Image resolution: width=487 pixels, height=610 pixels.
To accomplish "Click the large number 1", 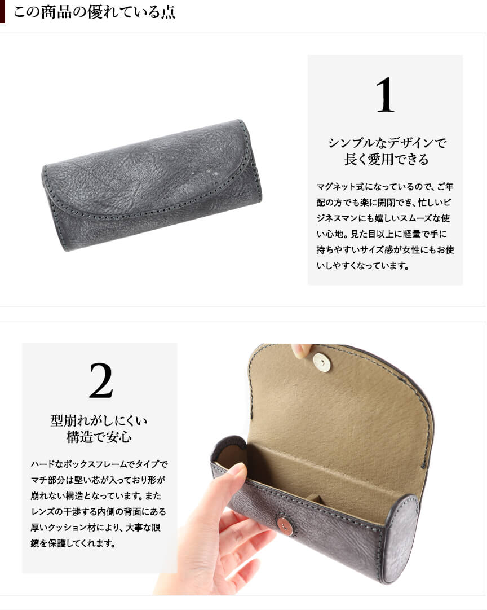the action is click(385, 95).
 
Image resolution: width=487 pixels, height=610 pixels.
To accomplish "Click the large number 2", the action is click(101, 380).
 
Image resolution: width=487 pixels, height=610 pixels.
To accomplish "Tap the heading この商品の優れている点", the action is click(95, 12).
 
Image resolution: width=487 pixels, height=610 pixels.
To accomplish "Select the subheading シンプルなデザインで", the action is click(387, 143).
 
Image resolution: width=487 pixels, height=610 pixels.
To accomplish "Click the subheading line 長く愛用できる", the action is click(386, 159).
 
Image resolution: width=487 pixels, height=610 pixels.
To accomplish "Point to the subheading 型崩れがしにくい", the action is click(99, 420).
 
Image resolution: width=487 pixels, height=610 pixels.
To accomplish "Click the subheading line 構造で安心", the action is click(99, 437).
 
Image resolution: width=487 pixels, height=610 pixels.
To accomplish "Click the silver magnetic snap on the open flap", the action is click(321, 363).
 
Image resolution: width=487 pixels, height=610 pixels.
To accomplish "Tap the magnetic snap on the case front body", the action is click(285, 525).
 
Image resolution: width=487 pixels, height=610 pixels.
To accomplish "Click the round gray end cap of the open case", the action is click(402, 540).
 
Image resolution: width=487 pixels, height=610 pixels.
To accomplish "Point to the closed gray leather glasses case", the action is click(152, 185).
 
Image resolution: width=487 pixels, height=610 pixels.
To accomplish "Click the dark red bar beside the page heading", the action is click(2, 12).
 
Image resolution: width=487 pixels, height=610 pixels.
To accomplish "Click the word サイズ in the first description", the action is click(369, 250).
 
